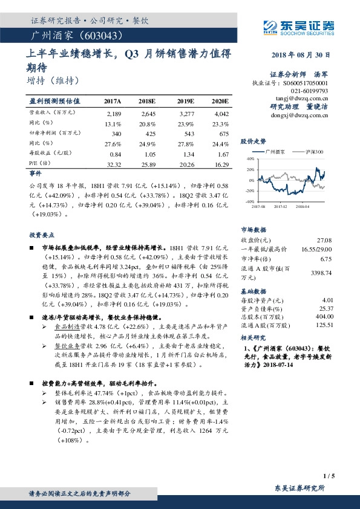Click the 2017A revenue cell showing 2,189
[114, 113]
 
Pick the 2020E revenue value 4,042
[221, 113]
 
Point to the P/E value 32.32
[114, 164]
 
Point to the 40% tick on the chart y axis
[250, 158]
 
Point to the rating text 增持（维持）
[53, 79]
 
